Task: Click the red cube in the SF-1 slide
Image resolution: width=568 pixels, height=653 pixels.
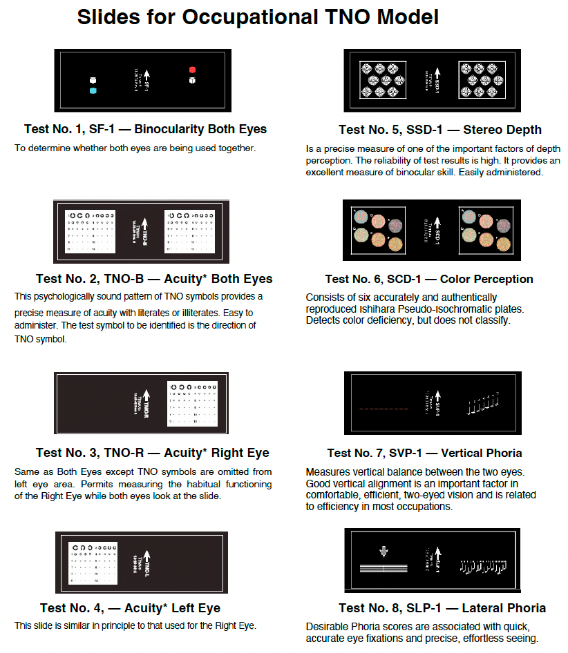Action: coord(193,70)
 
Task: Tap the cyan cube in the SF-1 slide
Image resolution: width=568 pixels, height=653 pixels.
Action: coord(93,90)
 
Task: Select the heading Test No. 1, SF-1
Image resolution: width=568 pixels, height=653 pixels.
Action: coord(145,129)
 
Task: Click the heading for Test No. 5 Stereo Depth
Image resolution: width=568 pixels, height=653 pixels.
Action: coord(439,130)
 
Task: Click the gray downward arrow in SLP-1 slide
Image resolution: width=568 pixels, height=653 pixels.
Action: coord(384,552)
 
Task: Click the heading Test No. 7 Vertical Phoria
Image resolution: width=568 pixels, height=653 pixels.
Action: coord(424,453)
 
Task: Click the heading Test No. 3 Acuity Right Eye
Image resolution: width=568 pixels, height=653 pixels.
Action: coord(152,453)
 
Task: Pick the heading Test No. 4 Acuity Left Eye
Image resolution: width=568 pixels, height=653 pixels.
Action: coord(130,608)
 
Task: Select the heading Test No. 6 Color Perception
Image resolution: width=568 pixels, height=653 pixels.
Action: coord(429,279)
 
